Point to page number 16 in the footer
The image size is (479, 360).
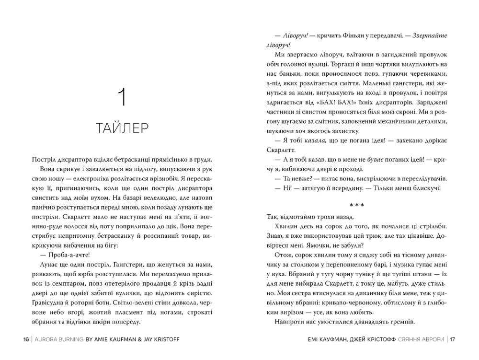pos(26,339)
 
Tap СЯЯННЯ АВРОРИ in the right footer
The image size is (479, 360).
pos(420,339)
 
